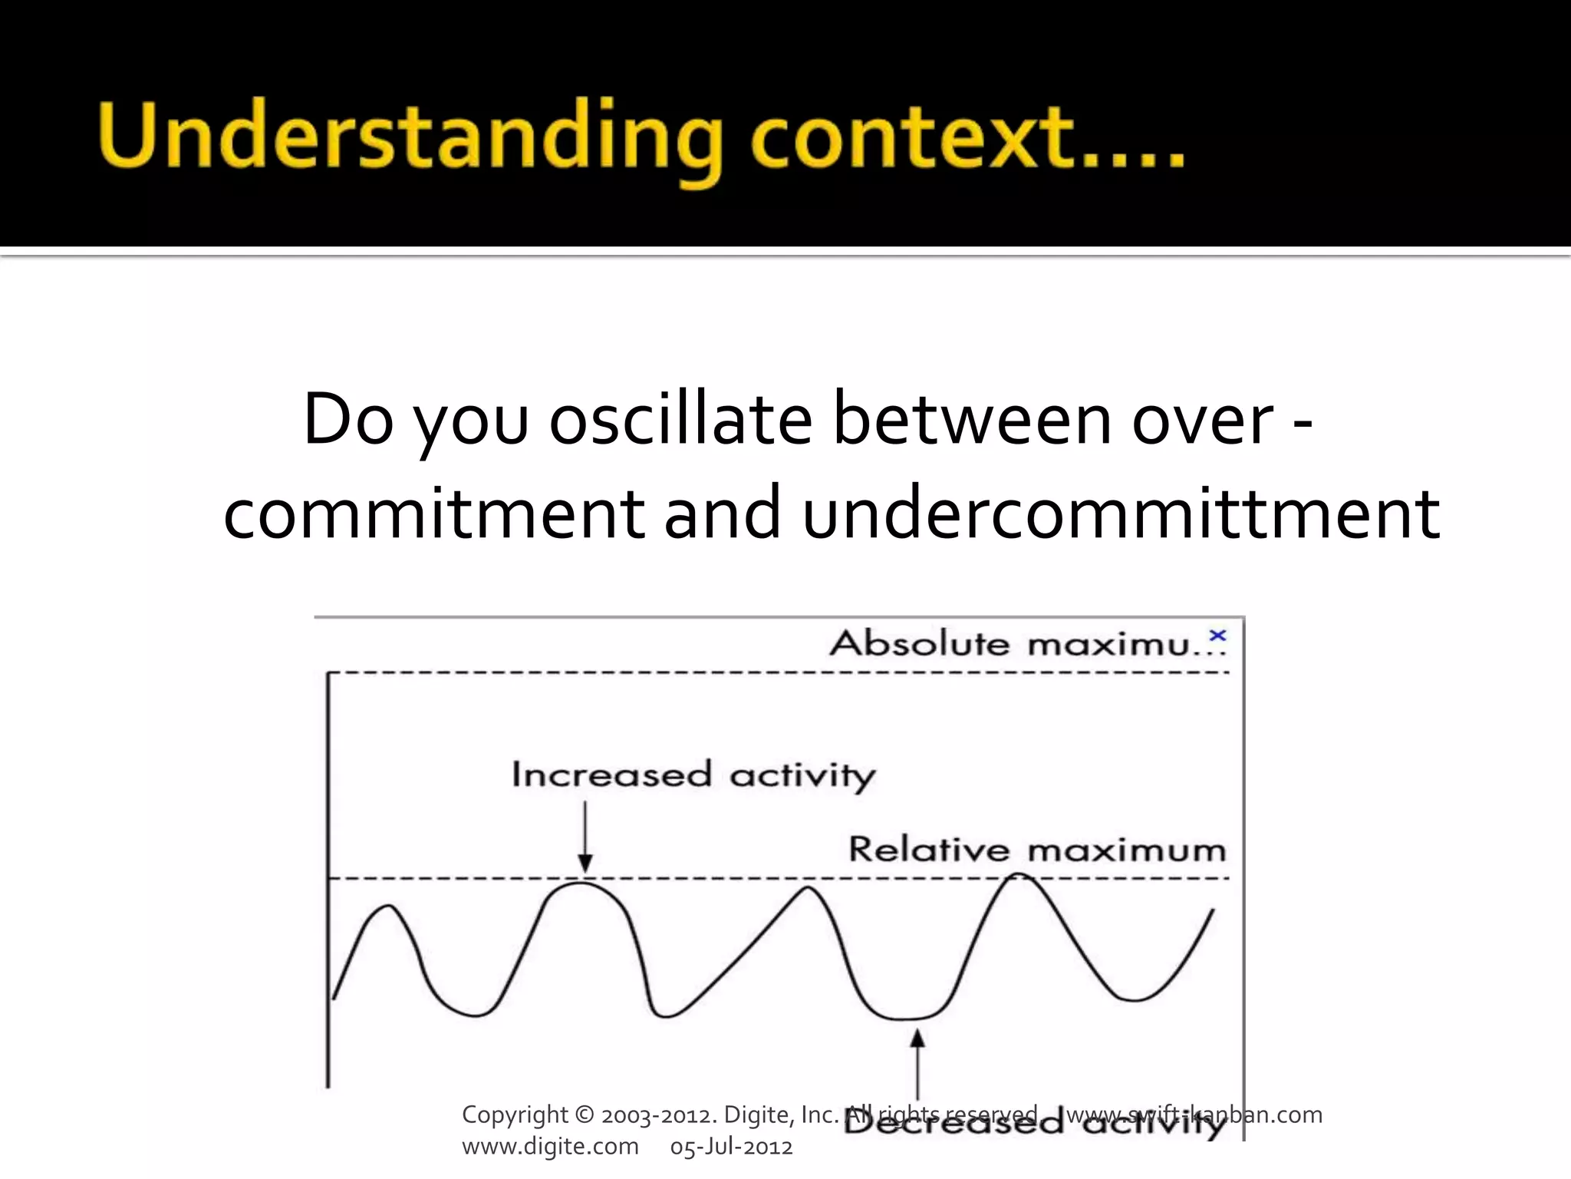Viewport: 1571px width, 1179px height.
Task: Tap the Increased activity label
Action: [693, 775]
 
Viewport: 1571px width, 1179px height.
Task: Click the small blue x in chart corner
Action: [1217, 636]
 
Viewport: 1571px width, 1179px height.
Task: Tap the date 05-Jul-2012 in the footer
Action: [731, 1147]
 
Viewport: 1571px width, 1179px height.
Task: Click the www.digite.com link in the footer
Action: [550, 1147]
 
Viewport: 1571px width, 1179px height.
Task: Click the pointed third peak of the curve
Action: [808, 888]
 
